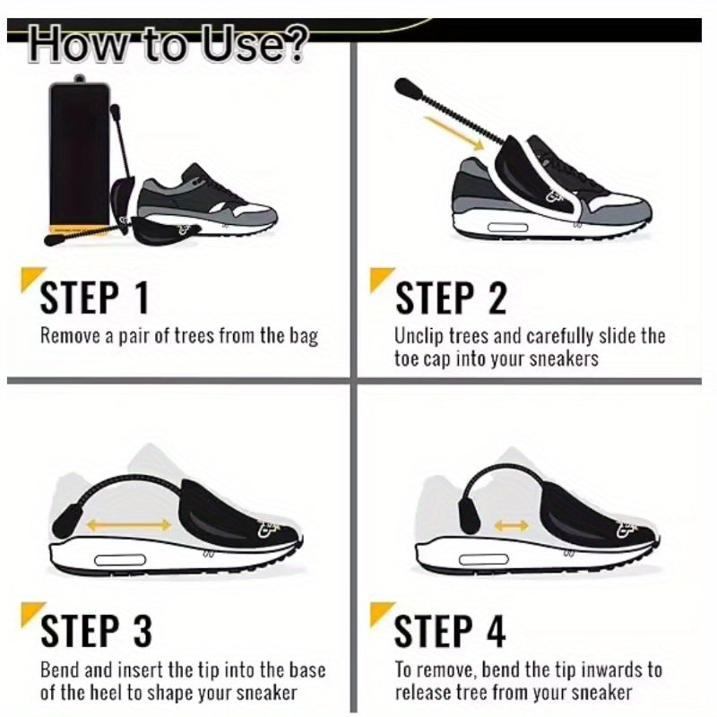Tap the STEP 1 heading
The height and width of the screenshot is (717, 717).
pyautogui.click(x=95, y=298)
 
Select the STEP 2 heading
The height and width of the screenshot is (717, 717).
pyautogui.click(x=452, y=298)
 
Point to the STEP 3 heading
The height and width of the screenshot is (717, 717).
pyautogui.click(x=96, y=631)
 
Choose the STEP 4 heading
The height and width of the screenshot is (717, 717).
pyautogui.click(x=450, y=631)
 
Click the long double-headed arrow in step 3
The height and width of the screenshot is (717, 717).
pyautogui.click(x=128, y=525)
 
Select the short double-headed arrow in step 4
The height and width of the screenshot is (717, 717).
pyautogui.click(x=511, y=526)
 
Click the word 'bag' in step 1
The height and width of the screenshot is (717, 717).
pyautogui.click(x=304, y=337)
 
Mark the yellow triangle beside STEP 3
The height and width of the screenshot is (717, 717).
pyautogui.click(x=30, y=611)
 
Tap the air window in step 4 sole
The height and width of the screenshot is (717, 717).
pyautogui.click(x=483, y=559)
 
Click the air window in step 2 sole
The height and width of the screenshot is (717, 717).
pyautogui.click(x=507, y=228)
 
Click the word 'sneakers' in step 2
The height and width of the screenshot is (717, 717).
pyautogui.click(x=564, y=359)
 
